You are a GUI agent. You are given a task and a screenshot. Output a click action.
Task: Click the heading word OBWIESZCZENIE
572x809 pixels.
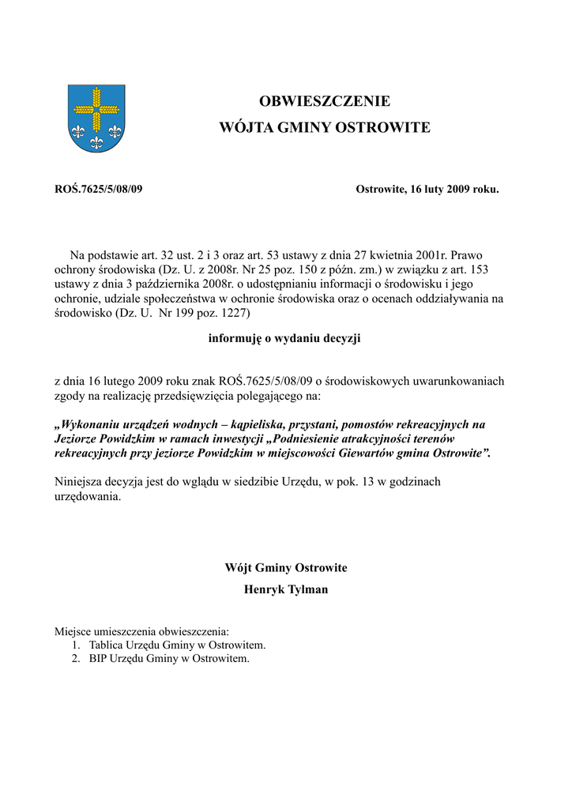point(325,101)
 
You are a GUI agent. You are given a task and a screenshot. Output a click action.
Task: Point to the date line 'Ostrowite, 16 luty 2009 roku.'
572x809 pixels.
point(427,190)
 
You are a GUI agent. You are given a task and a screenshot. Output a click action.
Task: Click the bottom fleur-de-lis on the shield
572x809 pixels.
point(96,142)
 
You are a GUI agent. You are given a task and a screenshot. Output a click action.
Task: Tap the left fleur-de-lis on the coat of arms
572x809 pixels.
point(78,129)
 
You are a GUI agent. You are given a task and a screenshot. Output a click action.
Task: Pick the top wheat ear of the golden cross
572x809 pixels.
point(96,97)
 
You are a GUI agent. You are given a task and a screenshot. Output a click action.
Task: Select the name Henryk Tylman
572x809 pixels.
point(286,589)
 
